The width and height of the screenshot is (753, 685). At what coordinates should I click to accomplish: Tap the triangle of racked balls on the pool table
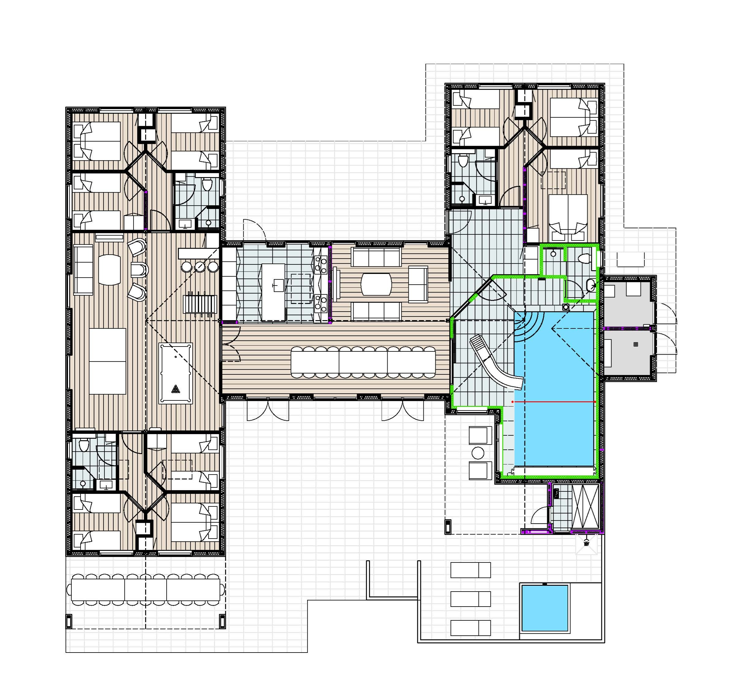click(x=176, y=390)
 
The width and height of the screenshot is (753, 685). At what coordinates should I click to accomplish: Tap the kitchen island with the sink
click(x=273, y=292)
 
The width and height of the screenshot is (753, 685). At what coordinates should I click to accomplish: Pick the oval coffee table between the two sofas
click(x=376, y=284)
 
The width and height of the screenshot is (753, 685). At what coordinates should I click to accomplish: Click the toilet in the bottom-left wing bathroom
click(x=84, y=445)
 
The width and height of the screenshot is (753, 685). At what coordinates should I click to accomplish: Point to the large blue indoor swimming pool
click(x=554, y=388)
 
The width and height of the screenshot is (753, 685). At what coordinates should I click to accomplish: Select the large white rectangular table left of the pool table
click(x=108, y=361)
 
